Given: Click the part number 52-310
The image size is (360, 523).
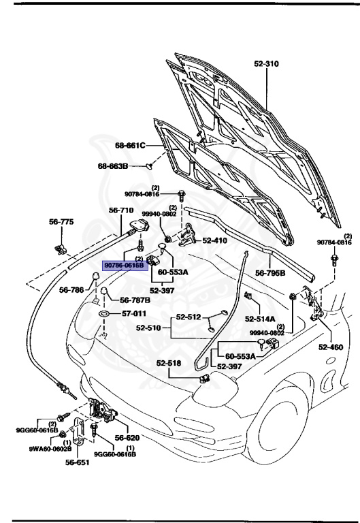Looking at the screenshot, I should (267, 64).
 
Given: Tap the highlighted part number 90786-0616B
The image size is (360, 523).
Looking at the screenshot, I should (124, 265).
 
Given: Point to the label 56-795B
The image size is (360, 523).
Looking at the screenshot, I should (270, 273).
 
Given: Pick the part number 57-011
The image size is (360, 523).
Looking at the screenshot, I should (133, 314).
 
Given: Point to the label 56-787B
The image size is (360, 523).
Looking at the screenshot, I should (135, 300).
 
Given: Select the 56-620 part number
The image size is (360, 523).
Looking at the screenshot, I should (127, 438).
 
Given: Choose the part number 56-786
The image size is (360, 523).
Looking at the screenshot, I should (72, 290).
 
